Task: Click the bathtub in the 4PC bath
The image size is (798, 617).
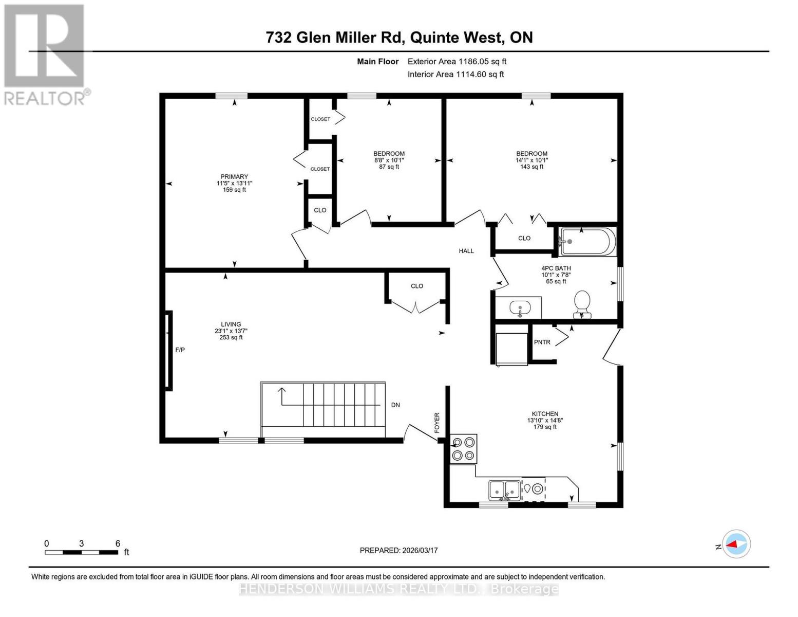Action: click(x=587, y=242)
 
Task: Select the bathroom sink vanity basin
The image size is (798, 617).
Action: click(x=520, y=308)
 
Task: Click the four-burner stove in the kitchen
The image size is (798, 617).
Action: click(x=463, y=449)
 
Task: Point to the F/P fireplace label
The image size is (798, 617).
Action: click(x=180, y=350)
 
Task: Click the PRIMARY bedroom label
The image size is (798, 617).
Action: click(x=234, y=177)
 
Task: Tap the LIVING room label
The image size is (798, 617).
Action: click(x=231, y=324)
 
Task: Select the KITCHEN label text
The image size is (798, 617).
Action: click(x=545, y=414)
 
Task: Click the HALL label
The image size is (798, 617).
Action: click(x=466, y=251)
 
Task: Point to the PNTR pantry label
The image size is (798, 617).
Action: click(x=542, y=342)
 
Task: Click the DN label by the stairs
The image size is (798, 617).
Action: click(x=395, y=405)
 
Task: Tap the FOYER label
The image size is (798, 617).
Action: click(x=438, y=423)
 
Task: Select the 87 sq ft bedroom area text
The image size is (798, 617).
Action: click(x=389, y=167)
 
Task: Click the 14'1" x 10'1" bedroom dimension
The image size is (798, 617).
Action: click(x=531, y=160)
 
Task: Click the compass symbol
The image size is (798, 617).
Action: click(x=736, y=544)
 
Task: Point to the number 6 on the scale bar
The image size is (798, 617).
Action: click(x=118, y=543)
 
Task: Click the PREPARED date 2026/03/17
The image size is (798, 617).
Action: click(x=398, y=551)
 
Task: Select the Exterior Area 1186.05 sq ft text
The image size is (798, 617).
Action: click(x=457, y=62)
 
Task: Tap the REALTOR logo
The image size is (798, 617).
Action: click(x=45, y=55)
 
